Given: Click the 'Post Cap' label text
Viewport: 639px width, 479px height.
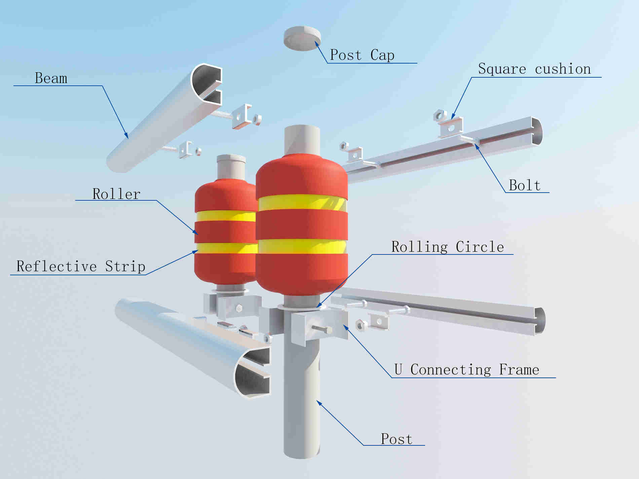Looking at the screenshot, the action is [362, 55].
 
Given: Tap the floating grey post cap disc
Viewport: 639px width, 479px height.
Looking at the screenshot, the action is [302, 38].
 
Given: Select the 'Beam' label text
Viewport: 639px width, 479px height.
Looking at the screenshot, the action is [51, 78].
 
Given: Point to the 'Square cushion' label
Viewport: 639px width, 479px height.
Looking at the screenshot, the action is [534, 69].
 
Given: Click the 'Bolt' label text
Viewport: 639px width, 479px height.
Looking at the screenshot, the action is [525, 185].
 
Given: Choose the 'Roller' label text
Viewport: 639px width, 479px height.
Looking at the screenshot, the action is [116, 194].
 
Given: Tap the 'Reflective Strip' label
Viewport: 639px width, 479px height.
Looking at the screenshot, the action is [81, 266].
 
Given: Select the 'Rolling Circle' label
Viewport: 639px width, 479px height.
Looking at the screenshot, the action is [448, 247].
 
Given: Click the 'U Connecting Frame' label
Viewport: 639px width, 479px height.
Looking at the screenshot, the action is [466, 369].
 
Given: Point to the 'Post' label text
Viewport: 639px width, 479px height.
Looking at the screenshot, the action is [397, 439].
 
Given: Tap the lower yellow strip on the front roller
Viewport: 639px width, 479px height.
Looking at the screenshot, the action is [302, 247].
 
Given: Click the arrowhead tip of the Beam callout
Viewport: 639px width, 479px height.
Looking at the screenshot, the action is [128, 138].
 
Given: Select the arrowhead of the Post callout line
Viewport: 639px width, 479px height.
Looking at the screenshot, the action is [317, 401].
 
